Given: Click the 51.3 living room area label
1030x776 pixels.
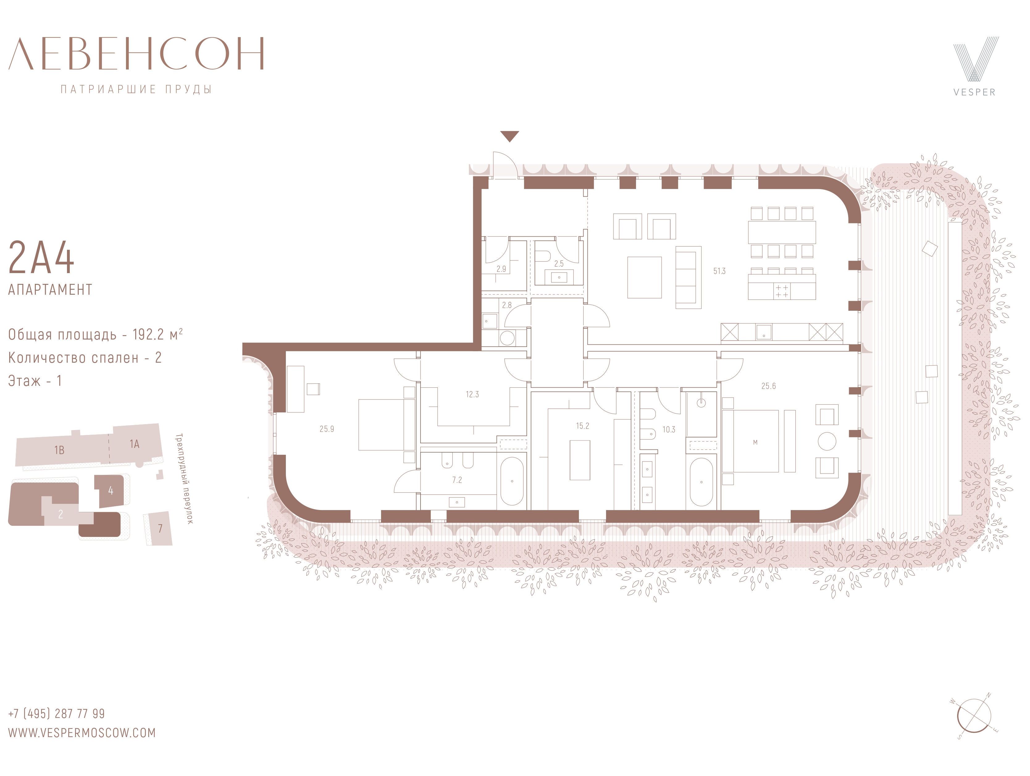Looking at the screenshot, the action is tap(719, 271).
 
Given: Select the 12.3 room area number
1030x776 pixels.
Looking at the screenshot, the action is tap(472, 394).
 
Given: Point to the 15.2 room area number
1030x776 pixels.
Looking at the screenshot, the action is tap(583, 426).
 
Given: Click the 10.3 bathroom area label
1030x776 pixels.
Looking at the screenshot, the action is tap(669, 429).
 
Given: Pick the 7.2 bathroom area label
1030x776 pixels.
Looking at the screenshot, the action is tap(457, 480).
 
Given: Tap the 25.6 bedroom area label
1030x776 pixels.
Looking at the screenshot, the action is tap(768, 386).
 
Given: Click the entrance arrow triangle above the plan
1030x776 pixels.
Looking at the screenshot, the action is tap(510, 136).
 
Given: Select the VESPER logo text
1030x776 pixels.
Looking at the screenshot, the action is tap(974, 92).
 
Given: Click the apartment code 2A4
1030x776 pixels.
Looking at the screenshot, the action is tap(41, 258).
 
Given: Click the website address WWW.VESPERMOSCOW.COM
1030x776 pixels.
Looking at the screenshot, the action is tap(82, 733).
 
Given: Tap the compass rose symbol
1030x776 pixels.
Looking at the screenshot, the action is tap(974, 716).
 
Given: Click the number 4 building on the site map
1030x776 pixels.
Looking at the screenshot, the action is tap(110, 491).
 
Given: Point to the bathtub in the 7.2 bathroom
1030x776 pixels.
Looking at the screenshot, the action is tap(512, 481).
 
